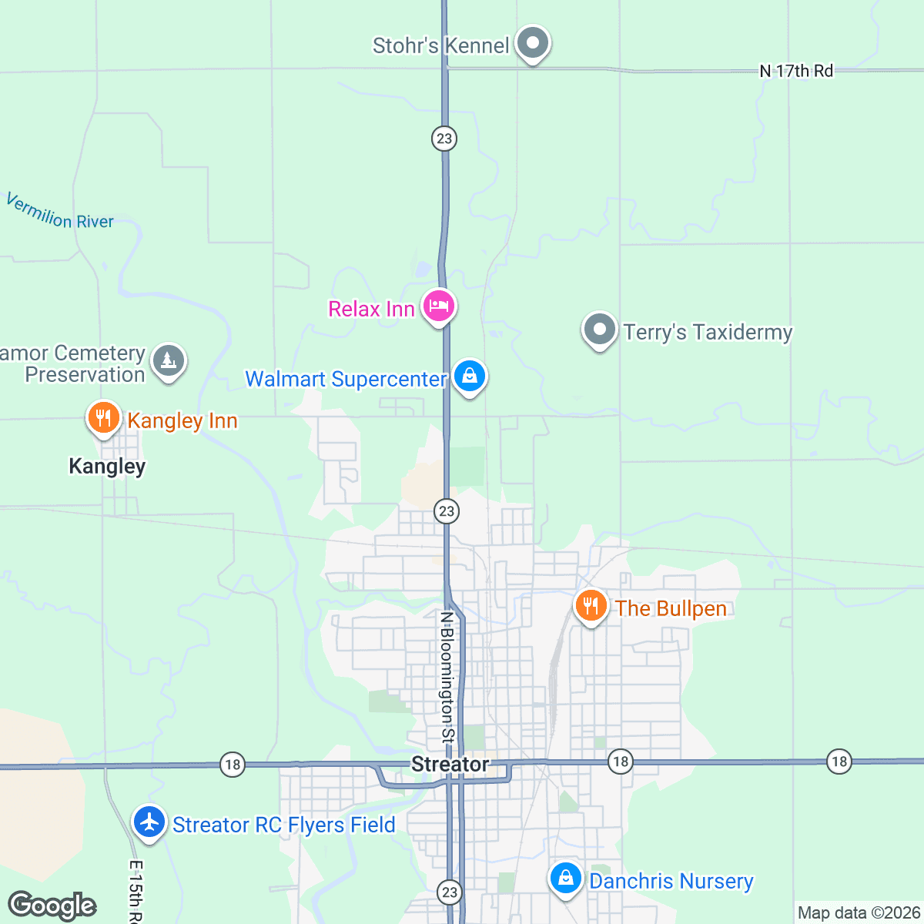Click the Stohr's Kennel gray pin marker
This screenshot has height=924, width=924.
click(x=532, y=43)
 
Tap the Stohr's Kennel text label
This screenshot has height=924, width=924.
click(x=440, y=46)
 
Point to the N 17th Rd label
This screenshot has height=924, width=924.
click(x=796, y=71)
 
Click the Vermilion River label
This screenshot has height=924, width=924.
click(x=60, y=212)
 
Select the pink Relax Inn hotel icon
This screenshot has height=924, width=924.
click(x=439, y=306)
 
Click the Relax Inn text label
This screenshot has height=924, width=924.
click(x=371, y=310)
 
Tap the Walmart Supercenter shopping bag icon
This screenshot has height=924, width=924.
click(x=469, y=377)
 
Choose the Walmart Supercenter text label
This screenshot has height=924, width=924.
click(x=346, y=380)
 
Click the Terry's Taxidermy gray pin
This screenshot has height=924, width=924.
click(x=599, y=330)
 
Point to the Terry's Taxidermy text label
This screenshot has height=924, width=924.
click(x=708, y=333)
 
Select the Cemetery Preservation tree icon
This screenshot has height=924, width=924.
click(x=169, y=360)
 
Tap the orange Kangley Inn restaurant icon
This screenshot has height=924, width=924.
click(x=102, y=418)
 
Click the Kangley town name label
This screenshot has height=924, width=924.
click(x=107, y=467)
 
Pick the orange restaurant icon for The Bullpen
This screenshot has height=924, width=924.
click(x=591, y=606)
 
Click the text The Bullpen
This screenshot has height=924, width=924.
click(x=671, y=609)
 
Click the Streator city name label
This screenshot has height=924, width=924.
click(x=450, y=765)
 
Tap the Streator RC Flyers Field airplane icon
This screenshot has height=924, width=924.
click(x=149, y=822)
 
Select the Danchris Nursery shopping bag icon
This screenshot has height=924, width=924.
click(x=566, y=879)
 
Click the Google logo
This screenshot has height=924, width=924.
click(x=52, y=906)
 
